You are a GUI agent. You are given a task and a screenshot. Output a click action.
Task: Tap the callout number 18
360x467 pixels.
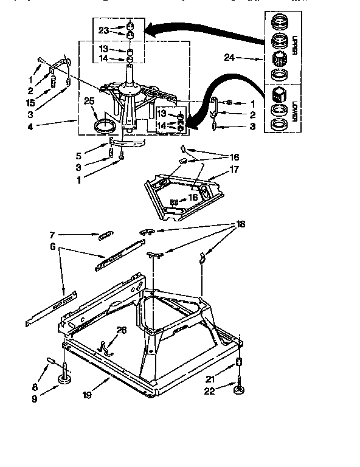[x=241, y=224]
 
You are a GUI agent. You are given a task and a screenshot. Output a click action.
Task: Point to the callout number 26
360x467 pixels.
[x=122, y=330]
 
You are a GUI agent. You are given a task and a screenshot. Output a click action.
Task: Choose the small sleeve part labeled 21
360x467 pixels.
[x=239, y=363]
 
